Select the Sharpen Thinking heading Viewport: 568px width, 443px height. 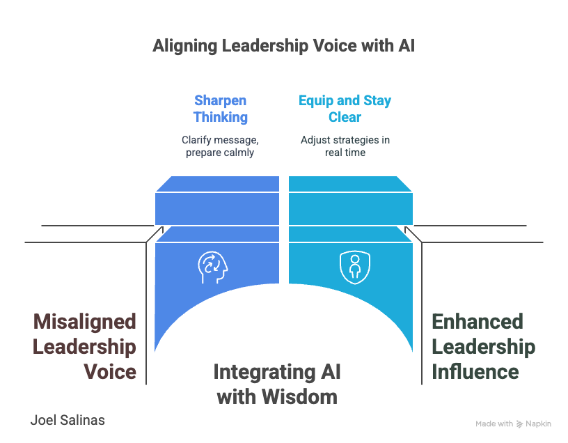(221, 109)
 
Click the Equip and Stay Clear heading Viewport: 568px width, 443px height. (345, 109)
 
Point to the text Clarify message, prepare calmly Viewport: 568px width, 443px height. (221, 146)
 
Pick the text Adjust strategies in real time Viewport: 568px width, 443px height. (345, 146)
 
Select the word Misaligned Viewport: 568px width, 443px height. (84, 322)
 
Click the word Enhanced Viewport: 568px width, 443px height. (478, 322)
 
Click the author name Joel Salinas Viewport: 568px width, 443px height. (68, 420)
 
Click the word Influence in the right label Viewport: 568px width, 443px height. (475, 371)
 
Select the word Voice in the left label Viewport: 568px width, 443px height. (109, 371)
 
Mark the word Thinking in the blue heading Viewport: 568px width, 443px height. (221, 117)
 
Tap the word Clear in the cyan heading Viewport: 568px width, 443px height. (345, 117)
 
